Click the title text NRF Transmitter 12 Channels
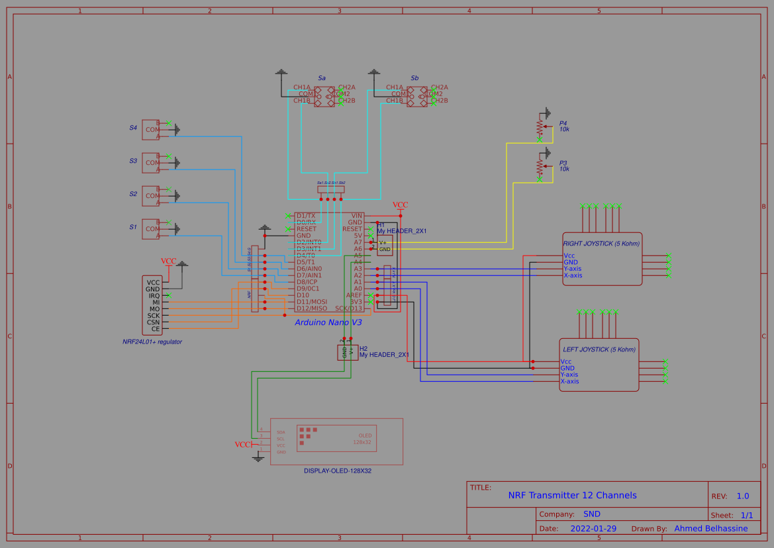point(572,495)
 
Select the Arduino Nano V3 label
point(328,322)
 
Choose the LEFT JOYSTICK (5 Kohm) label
point(599,349)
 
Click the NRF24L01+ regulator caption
point(152,342)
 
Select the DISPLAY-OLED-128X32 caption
point(337,471)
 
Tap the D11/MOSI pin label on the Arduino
point(312,302)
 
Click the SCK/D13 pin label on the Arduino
point(348,308)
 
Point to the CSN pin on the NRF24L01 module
point(153,322)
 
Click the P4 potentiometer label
point(563,123)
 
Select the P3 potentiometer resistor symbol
point(540,165)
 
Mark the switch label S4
point(133,128)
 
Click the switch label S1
point(133,227)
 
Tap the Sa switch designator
point(322,78)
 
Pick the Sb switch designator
point(414,78)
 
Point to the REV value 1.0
point(743,496)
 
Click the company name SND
point(591,514)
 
